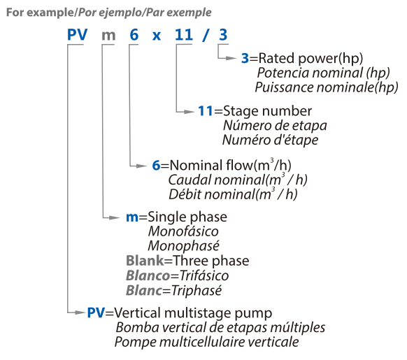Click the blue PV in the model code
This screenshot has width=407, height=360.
[x=78, y=34]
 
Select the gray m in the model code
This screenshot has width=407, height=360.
[x=108, y=36]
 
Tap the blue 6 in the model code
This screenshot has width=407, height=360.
[x=134, y=34]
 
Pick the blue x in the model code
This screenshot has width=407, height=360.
[x=156, y=36]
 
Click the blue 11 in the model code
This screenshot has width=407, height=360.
[x=184, y=34]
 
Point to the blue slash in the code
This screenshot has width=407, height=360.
[x=206, y=35]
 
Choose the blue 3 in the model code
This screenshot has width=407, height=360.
[x=223, y=34]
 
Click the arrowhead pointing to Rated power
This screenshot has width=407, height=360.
[x=231, y=59]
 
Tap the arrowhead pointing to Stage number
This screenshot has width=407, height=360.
[x=189, y=112]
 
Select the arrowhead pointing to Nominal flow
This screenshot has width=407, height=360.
[x=141, y=166]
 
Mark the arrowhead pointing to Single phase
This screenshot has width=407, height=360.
[x=115, y=218]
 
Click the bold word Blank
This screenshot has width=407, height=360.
[x=145, y=261]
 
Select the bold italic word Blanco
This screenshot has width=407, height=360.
[x=148, y=275]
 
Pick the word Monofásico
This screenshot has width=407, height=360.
[x=183, y=231]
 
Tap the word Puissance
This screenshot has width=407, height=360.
[x=284, y=87]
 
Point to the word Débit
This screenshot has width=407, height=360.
[x=185, y=194]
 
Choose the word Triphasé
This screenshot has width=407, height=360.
[x=197, y=290]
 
